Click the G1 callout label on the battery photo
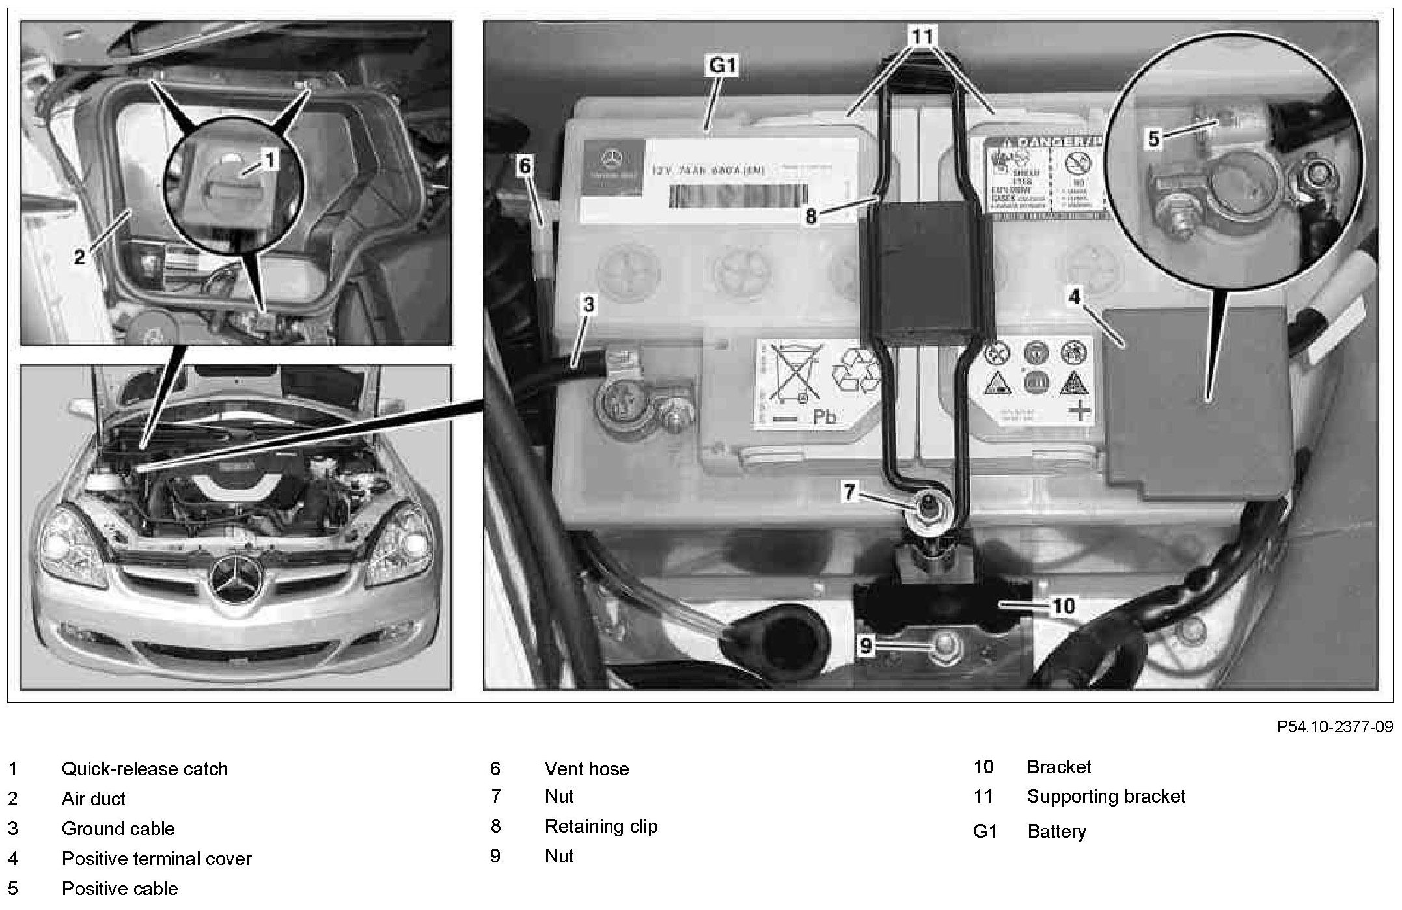722,66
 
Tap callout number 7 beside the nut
849,491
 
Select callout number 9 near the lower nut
865,646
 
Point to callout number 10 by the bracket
1064,606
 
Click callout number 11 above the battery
922,36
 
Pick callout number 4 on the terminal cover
1074,297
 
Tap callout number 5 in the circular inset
1153,139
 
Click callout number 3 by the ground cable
588,304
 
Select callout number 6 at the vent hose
525,166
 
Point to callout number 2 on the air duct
79,257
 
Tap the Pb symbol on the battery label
825,416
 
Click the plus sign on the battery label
1080,411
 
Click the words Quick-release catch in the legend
144,769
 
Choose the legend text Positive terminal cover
156,859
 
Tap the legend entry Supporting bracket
1106,796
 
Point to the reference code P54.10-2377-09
1334,727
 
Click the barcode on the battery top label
737,195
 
